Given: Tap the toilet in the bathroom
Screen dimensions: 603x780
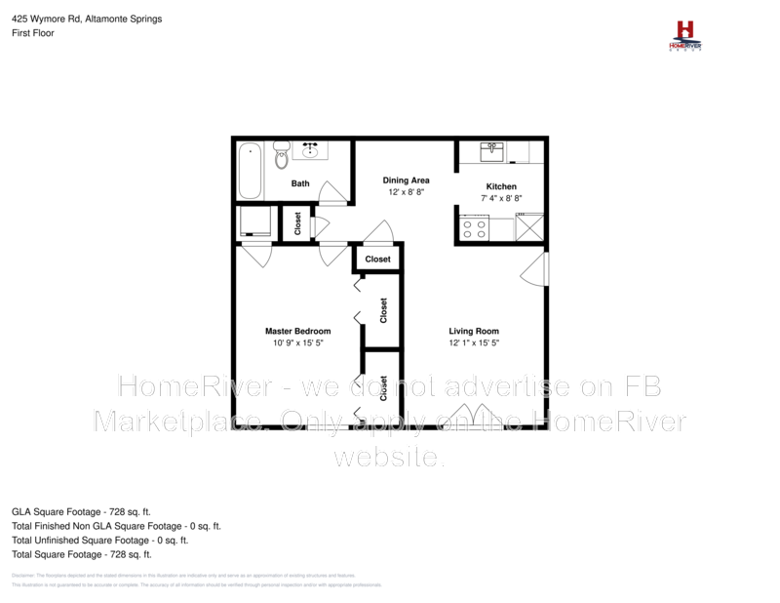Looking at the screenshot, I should (x=282, y=154).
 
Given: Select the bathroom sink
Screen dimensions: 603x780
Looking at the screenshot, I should (x=313, y=150).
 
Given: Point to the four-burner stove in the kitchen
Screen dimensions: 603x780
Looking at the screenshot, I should (x=475, y=229).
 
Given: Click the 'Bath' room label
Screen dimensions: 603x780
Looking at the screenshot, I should (x=300, y=183).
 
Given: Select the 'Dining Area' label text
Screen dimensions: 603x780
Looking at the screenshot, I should (x=406, y=181).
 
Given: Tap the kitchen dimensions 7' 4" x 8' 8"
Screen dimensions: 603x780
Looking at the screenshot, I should (x=501, y=198).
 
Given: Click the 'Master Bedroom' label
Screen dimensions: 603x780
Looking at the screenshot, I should (x=297, y=331).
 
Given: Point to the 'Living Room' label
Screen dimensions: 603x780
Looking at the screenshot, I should (x=474, y=331).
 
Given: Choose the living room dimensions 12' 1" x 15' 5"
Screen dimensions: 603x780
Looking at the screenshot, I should (x=474, y=343).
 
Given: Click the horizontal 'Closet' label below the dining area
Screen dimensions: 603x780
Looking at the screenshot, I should (x=377, y=259).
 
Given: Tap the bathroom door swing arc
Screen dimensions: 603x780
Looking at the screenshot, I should (x=334, y=192).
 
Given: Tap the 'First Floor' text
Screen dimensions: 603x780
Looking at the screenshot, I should (x=32, y=33).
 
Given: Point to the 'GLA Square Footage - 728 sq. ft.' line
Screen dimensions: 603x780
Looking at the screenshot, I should (x=81, y=510).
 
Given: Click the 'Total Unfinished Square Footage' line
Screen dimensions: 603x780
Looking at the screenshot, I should (x=99, y=540).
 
